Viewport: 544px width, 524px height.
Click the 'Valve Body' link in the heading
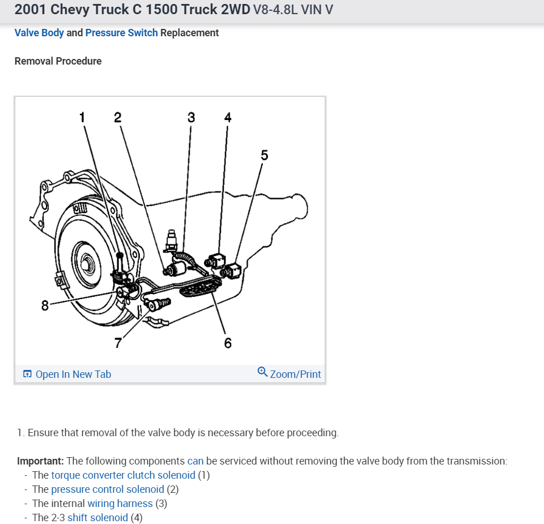pyautogui.click(x=39, y=33)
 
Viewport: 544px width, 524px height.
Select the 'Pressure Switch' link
pyautogui.click(x=121, y=33)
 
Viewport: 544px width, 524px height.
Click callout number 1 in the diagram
pyautogui.click(x=82, y=117)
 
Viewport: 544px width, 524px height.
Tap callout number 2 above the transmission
pyautogui.click(x=117, y=117)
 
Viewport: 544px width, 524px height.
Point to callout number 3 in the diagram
pyautogui.click(x=191, y=117)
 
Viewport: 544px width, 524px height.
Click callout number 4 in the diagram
pyautogui.click(x=228, y=117)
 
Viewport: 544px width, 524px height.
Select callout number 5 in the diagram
pyautogui.click(x=264, y=155)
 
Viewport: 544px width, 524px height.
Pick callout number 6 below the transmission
pyautogui.click(x=228, y=343)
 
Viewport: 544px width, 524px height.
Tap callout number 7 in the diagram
pyautogui.click(x=118, y=343)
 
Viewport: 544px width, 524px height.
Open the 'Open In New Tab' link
pyautogui.click(x=73, y=374)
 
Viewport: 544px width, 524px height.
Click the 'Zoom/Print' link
pyautogui.click(x=295, y=374)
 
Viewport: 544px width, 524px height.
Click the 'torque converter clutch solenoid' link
pyautogui.click(x=123, y=475)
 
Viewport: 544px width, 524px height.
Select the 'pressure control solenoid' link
pyautogui.click(x=108, y=489)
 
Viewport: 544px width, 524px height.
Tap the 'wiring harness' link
pyautogui.click(x=120, y=503)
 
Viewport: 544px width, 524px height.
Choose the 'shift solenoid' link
pyautogui.click(x=97, y=517)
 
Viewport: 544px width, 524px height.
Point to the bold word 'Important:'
pyautogui.click(x=40, y=461)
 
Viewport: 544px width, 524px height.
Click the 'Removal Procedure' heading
pyautogui.click(x=58, y=61)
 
